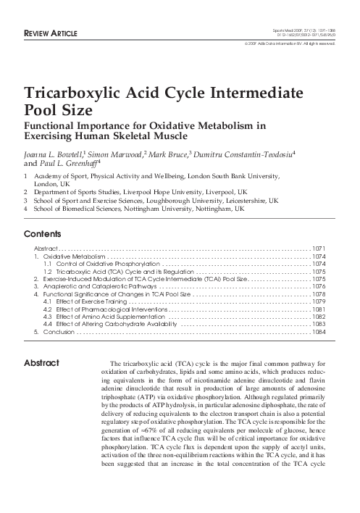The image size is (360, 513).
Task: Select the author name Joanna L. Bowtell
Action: click(54, 154)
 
